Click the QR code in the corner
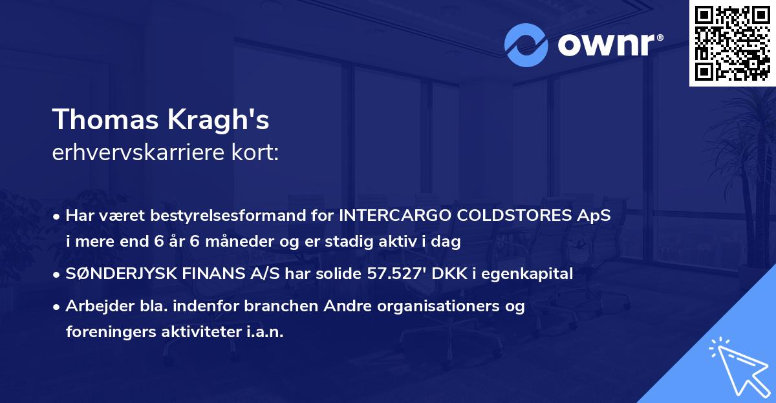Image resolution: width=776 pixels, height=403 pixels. pos(732,43)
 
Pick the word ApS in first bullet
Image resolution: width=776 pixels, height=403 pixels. pos(594,216)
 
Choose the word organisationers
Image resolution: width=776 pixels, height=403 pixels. pos(421,306)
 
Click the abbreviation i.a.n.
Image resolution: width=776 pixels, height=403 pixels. pos(264,332)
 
